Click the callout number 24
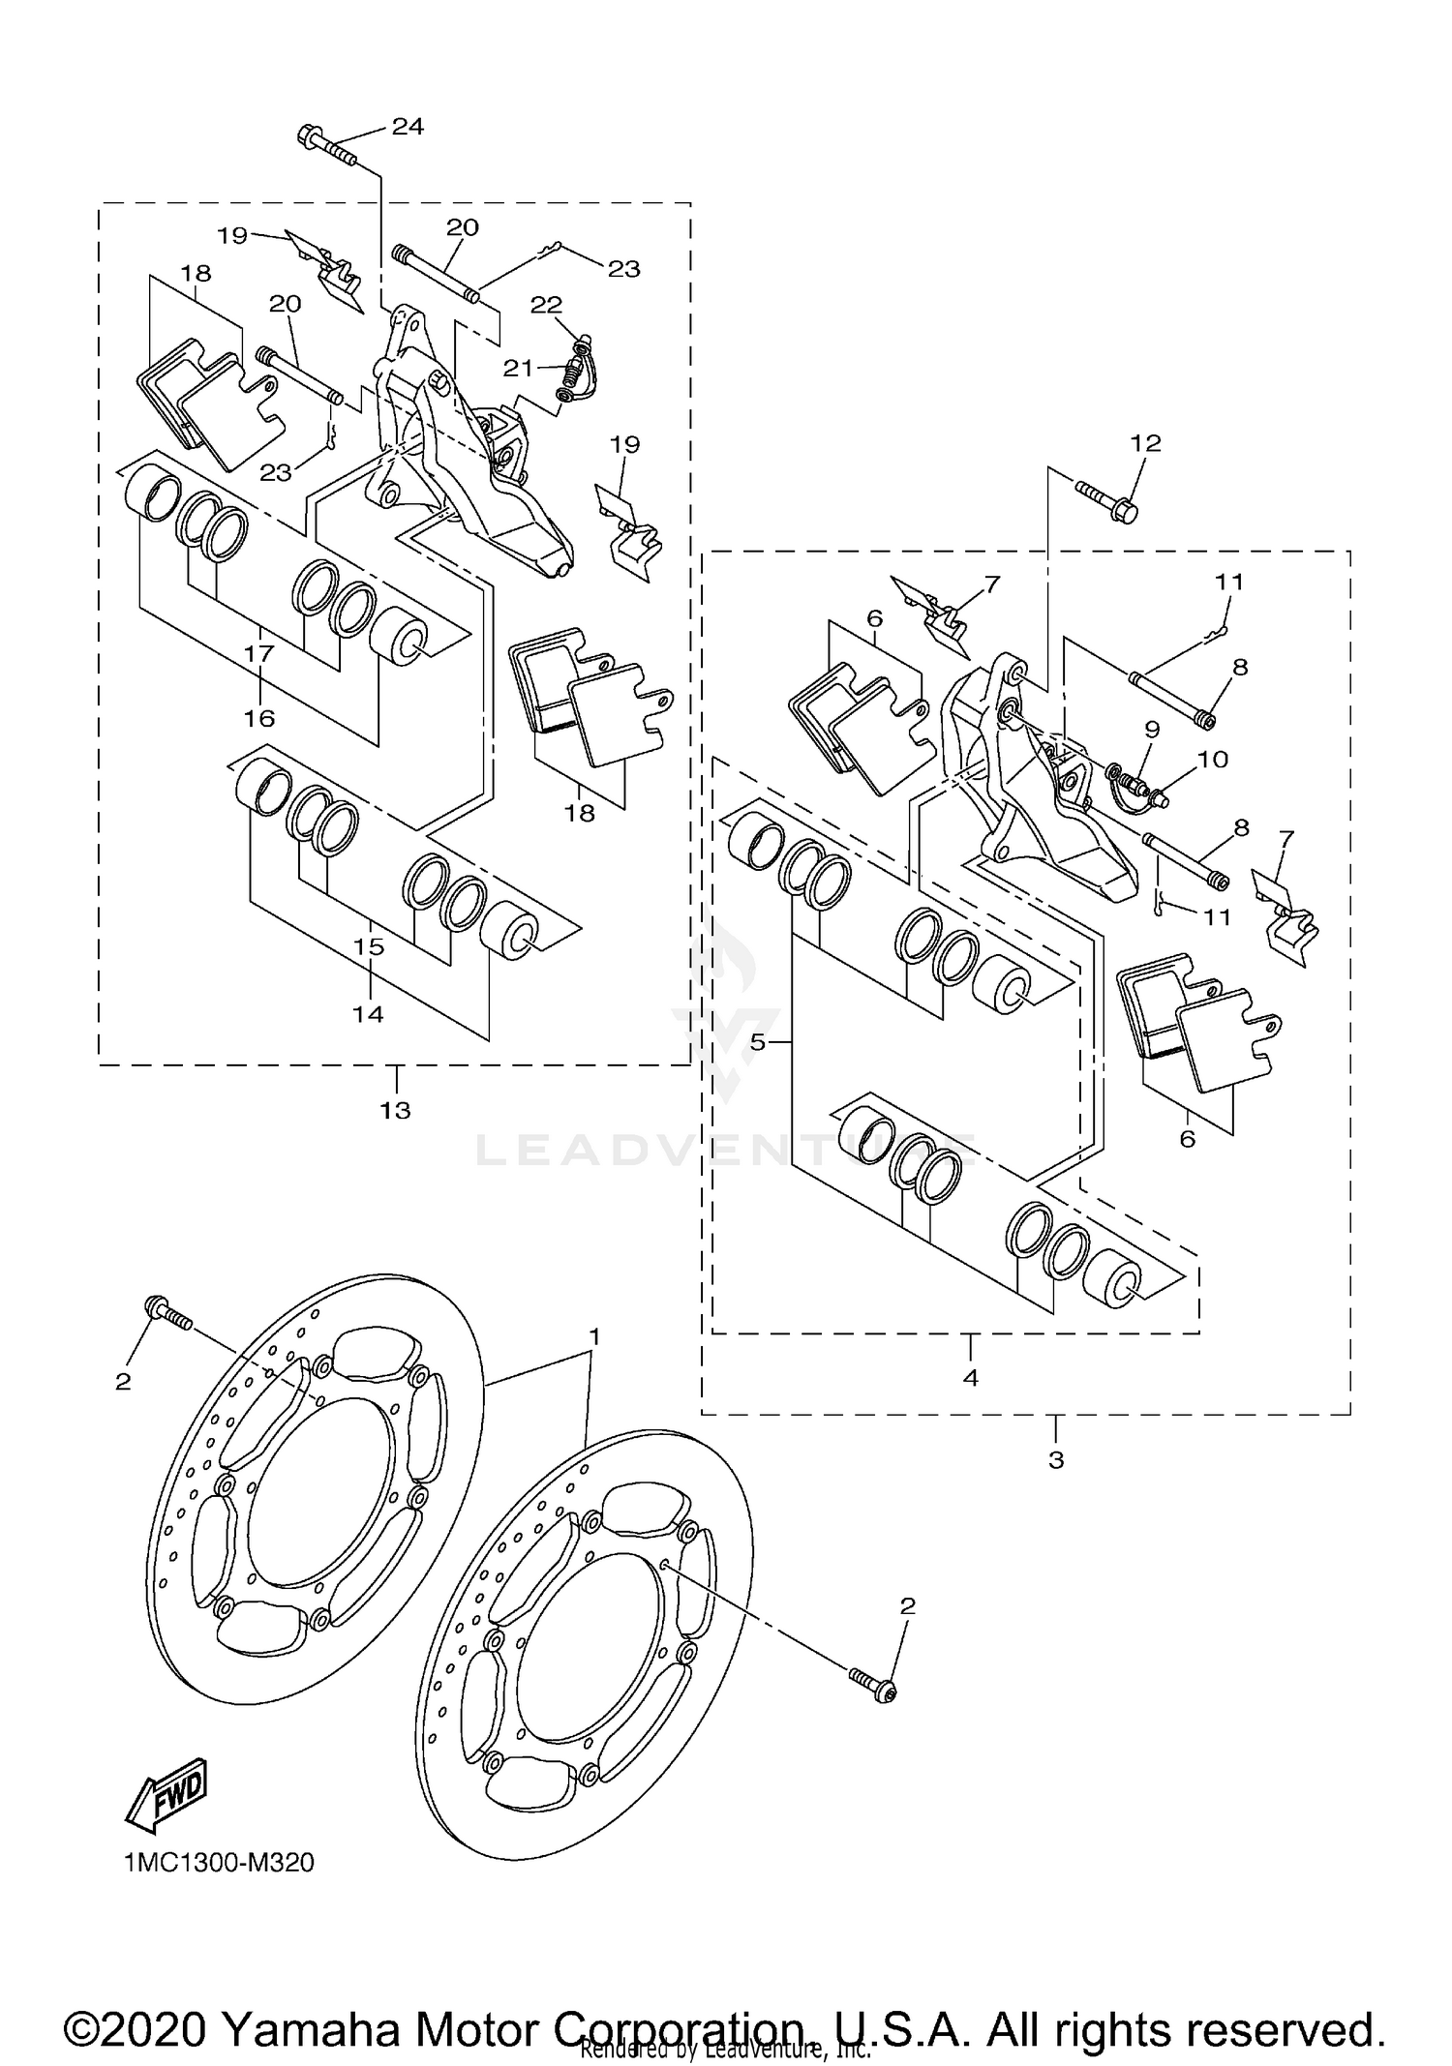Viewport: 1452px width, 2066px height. [x=408, y=127]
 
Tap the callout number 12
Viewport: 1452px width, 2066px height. [x=1145, y=443]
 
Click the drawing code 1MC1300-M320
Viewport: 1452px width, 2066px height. [x=219, y=1863]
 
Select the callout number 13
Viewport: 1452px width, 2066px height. [x=395, y=1111]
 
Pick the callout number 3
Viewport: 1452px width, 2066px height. [x=1056, y=1459]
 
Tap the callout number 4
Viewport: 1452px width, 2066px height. [x=971, y=1378]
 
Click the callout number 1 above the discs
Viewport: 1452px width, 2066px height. [x=595, y=1336]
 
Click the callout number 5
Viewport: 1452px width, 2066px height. [x=758, y=1042]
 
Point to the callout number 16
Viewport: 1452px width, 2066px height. [x=259, y=718]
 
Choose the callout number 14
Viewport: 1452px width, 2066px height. [x=368, y=1014]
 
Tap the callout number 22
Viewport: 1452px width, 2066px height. [x=546, y=304]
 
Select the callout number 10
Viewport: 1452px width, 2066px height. [x=1213, y=759]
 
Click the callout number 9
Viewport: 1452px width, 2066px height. [x=1151, y=729]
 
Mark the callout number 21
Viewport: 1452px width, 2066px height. [x=518, y=368]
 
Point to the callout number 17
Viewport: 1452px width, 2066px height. [x=259, y=653]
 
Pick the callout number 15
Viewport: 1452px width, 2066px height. [x=369, y=946]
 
